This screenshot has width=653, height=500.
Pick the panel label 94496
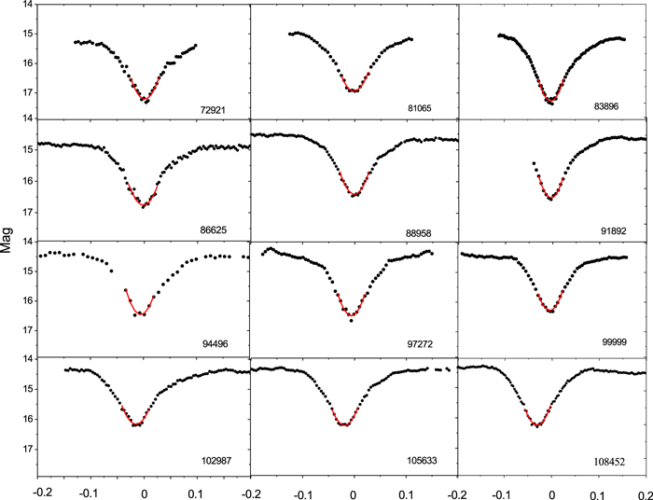[x=218, y=344]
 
